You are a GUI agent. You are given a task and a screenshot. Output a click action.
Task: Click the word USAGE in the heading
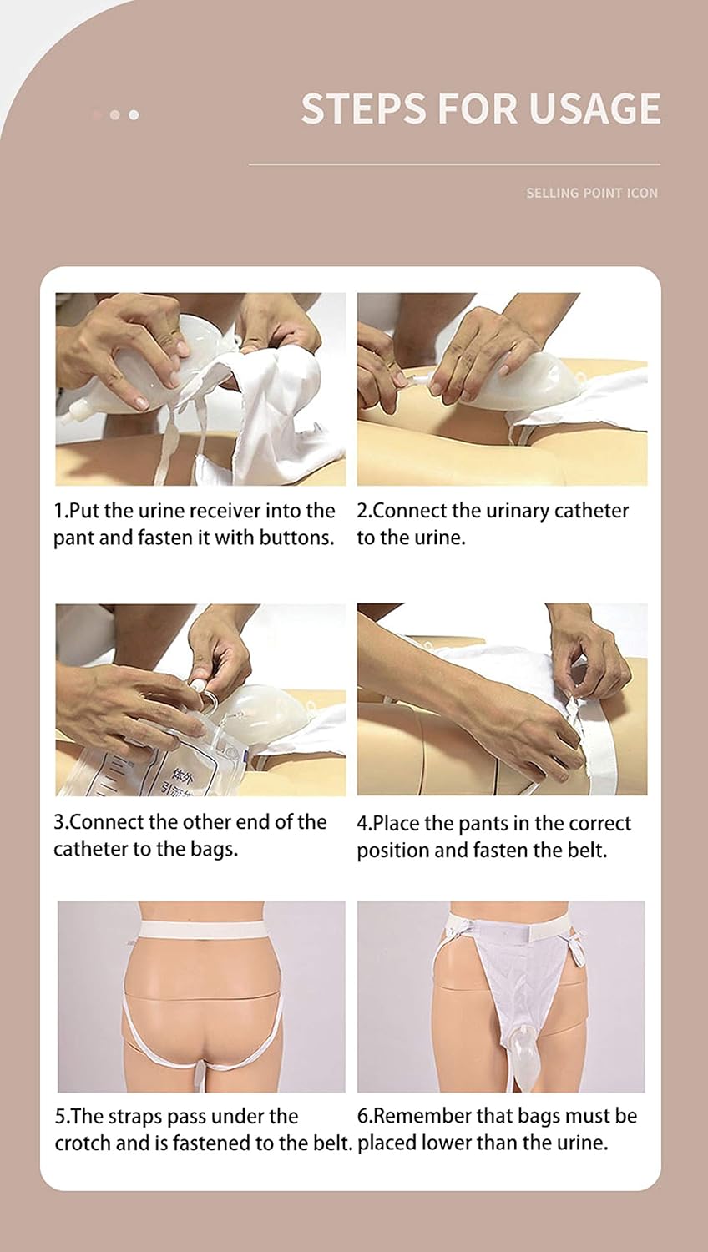[594, 109]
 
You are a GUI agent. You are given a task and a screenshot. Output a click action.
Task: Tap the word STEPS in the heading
[363, 109]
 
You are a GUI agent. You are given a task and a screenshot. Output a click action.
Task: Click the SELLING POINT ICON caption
[592, 194]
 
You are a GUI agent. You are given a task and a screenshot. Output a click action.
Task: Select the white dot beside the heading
[134, 114]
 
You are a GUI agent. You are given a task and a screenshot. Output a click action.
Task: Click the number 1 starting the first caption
[58, 511]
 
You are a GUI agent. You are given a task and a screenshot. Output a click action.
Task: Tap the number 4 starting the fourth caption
[362, 823]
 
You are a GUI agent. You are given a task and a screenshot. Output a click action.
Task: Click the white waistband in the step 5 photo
[202, 930]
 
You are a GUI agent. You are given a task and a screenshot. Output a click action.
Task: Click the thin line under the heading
[454, 164]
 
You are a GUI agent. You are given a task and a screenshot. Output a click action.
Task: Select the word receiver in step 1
[226, 510]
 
